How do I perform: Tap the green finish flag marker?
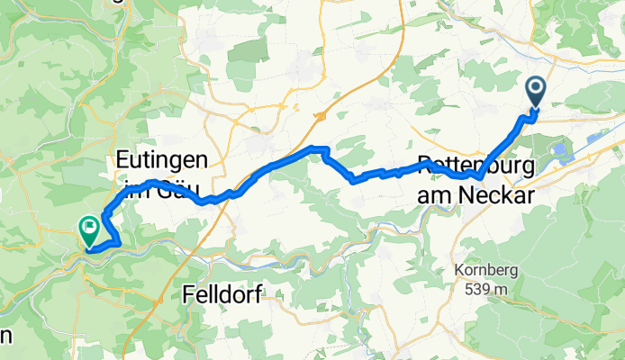point(90,230)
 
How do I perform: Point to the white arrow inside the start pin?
point(536,88)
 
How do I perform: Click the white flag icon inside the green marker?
point(90,227)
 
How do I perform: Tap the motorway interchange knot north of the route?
point(319,117)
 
